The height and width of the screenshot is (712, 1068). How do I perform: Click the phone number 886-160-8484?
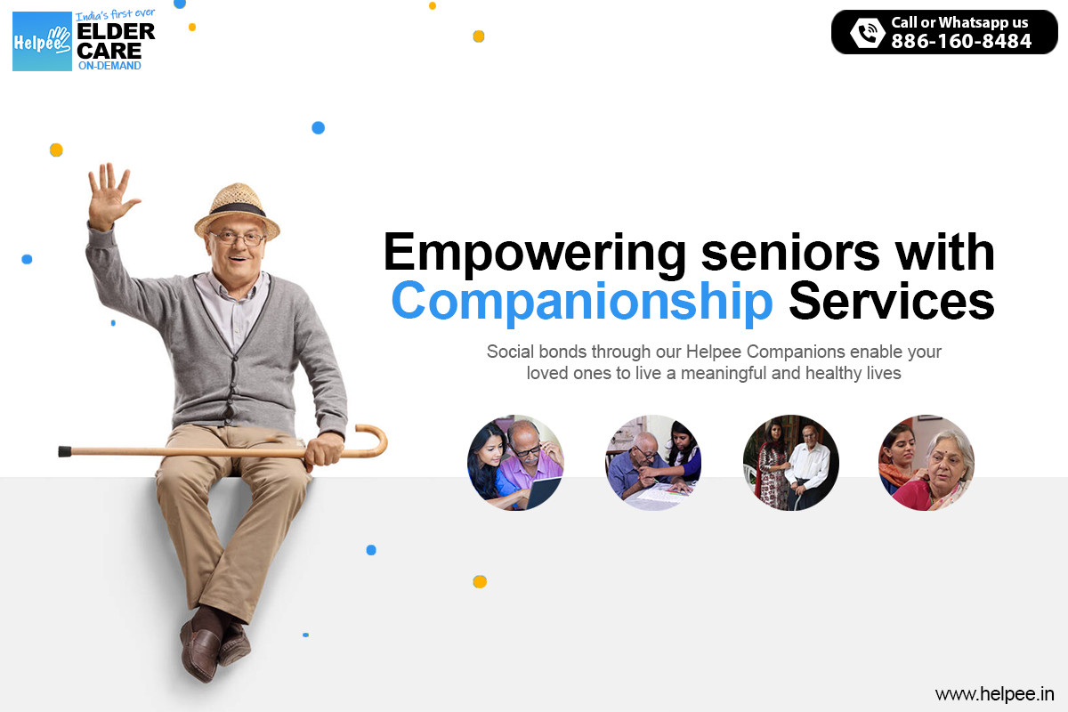(x=961, y=41)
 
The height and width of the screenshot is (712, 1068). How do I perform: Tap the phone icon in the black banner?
(x=867, y=33)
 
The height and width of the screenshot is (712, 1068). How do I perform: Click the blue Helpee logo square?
(x=42, y=41)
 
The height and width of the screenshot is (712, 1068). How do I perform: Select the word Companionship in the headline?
(x=582, y=302)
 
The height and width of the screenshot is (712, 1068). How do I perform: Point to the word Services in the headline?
(x=891, y=302)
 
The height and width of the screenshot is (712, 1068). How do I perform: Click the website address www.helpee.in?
(x=995, y=693)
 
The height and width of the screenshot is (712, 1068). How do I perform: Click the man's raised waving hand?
(x=110, y=196)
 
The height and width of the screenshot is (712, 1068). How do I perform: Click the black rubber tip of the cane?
(x=64, y=451)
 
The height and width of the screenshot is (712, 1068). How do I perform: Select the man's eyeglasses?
(x=237, y=238)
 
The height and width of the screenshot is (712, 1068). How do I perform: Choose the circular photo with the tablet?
(x=515, y=463)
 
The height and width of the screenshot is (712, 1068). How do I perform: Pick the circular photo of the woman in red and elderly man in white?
(x=790, y=463)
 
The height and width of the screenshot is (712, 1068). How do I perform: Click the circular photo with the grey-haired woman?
(x=926, y=463)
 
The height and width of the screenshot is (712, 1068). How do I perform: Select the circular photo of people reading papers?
(x=653, y=463)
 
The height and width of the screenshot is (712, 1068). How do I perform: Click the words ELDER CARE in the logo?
(x=116, y=41)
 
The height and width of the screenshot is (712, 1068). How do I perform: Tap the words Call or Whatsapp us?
(x=959, y=22)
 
